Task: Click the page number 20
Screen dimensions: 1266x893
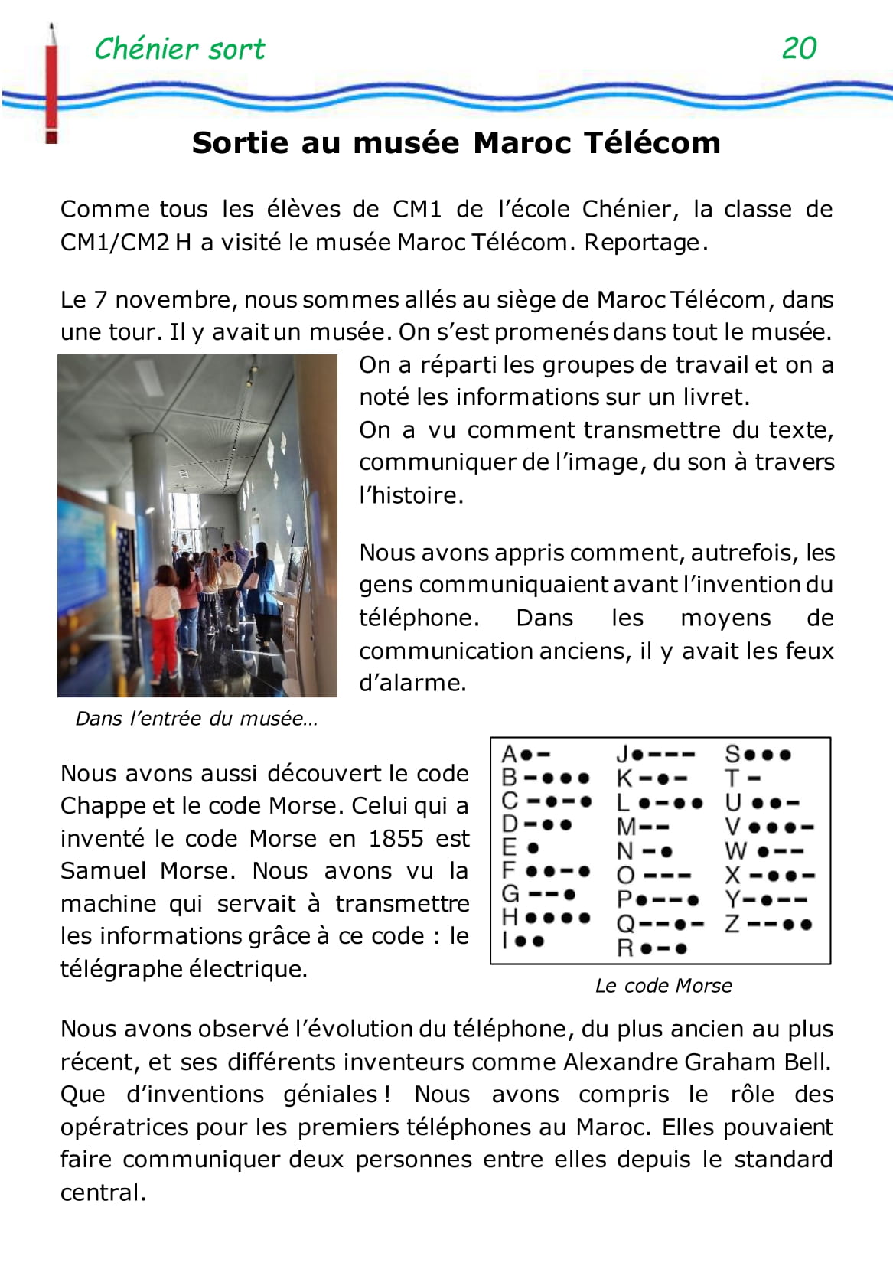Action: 799,48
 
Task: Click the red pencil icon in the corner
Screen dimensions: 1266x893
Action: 51,84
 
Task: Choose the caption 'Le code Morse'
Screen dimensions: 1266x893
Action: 663,985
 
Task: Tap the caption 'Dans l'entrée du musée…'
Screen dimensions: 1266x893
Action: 196,719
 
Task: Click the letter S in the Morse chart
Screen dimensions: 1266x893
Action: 732,754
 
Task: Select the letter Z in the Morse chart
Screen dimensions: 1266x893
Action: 732,924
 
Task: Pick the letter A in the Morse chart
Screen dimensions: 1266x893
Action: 509,755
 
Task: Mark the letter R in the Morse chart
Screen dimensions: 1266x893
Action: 625,948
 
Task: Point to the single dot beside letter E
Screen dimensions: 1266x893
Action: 533,848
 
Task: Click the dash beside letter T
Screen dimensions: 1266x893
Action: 754,778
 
